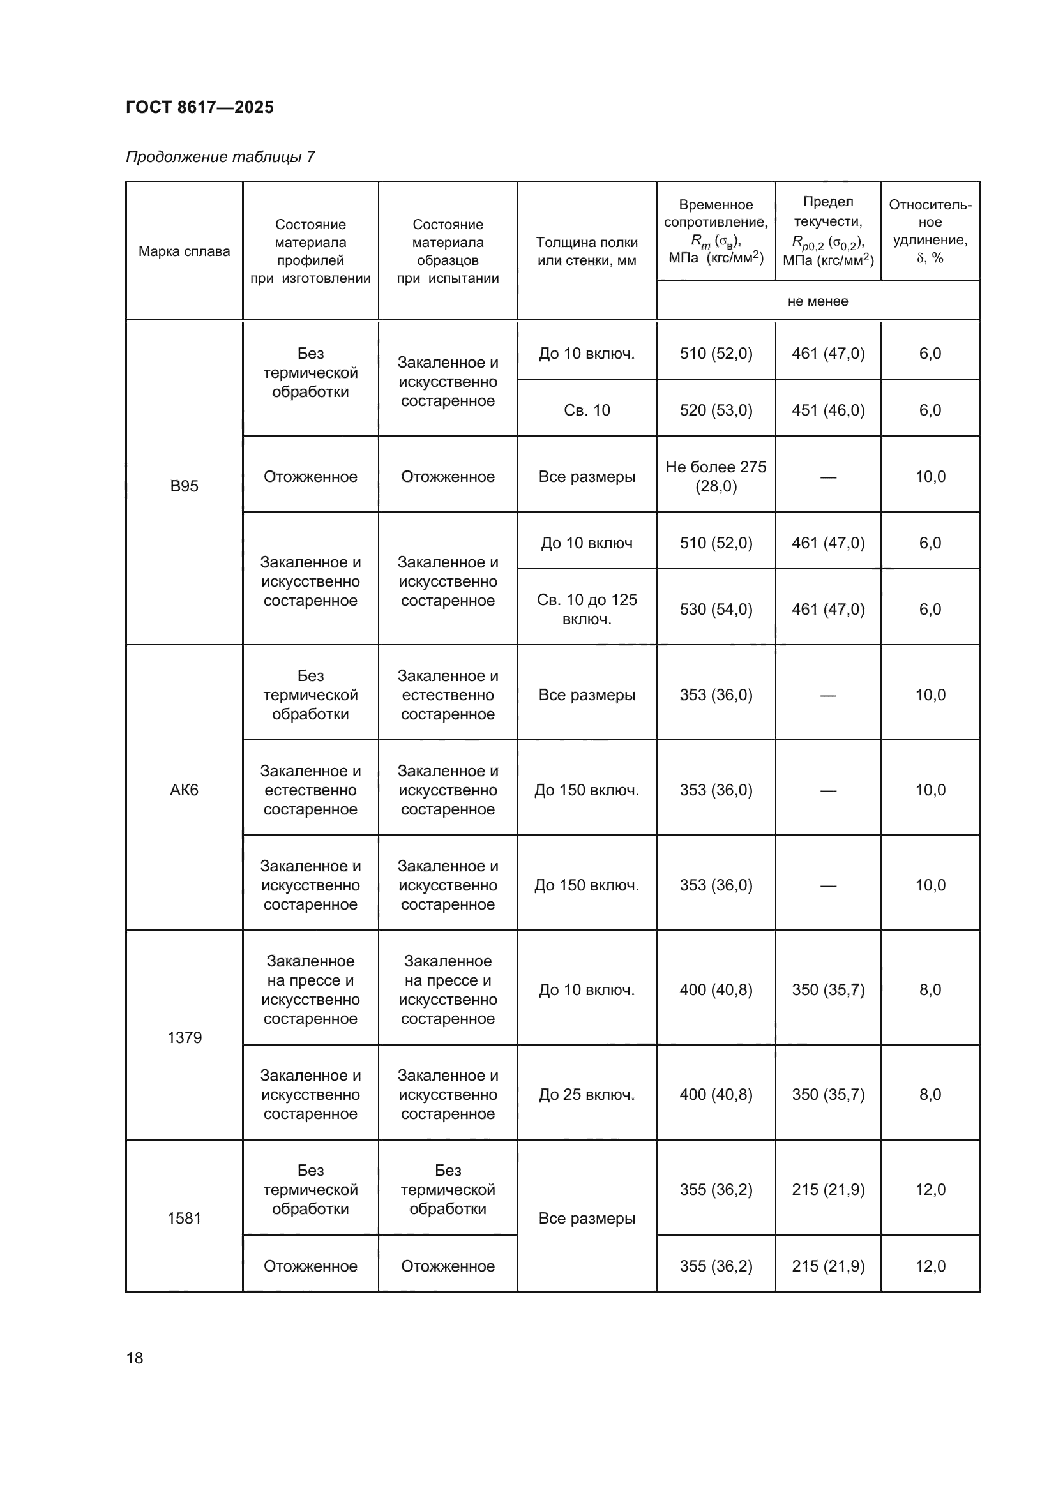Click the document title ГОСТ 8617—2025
tap(200, 107)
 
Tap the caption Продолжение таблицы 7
tap(220, 157)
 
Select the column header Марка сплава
tap(184, 251)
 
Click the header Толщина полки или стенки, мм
tap(587, 251)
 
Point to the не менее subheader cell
tap(817, 301)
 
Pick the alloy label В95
tap(184, 486)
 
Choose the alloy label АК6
tap(184, 790)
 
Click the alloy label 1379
tap(184, 1037)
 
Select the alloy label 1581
tap(184, 1218)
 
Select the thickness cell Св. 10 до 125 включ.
tap(587, 610)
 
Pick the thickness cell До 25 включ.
tap(587, 1095)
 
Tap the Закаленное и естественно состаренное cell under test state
tap(448, 695)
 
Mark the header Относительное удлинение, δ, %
tap(930, 232)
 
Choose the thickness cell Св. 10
tap(587, 410)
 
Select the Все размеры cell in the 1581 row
tap(587, 1218)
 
